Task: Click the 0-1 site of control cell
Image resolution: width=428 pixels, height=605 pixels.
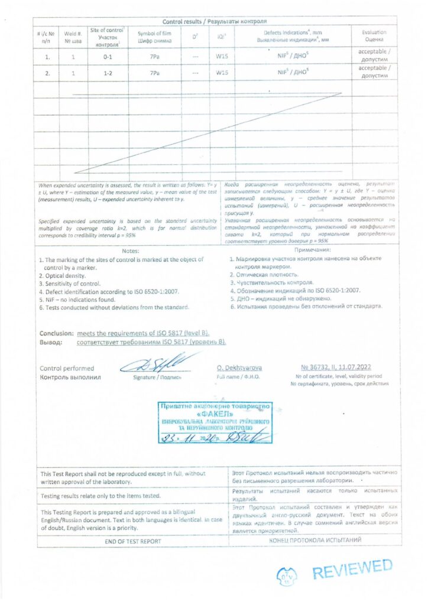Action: [107, 57]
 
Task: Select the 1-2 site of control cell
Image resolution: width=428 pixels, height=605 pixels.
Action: [107, 73]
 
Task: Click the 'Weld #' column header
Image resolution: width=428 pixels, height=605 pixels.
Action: [73, 37]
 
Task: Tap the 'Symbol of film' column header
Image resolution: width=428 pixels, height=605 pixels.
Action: [154, 37]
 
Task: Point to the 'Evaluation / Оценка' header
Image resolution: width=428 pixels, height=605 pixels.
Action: [374, 36]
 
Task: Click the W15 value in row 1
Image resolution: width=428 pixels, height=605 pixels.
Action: [222, 57]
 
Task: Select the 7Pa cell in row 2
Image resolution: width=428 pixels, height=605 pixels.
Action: [154, 73]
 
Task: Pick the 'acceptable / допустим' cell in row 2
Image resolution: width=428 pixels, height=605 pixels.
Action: [374, 72]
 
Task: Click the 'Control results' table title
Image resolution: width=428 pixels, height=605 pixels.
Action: [215, 21]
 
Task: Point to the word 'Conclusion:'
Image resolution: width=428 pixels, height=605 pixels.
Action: [57, 333]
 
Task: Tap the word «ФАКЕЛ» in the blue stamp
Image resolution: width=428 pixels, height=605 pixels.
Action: [215, 414]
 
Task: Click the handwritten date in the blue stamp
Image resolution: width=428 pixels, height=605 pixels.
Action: [195, 438]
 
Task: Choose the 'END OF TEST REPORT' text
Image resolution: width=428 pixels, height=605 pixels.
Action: [132, 541]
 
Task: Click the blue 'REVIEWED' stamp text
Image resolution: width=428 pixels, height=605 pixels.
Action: [352, 570]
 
